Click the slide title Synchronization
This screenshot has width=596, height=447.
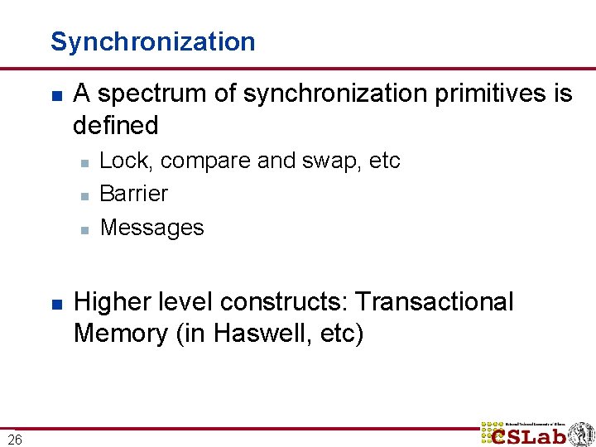pyautogui.click(x=153, y=41)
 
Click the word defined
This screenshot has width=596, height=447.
pyautogui.click(x=115, y=126)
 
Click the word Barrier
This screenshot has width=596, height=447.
pyautogui.click(x=133, y=194)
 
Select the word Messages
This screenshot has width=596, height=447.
pyautogui.click(x=151, y=228)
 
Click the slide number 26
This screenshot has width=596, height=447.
pyautogui.click(x=16, y=439)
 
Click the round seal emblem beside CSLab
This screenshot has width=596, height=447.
pyautogui.click(x=580, y=433)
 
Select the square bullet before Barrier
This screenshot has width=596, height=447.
pyautogui.click(x=84, y=195)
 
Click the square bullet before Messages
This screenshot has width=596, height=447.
pyautogui.click(x=84, y=228)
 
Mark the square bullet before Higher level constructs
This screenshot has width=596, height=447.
pyautogui.click(x=55, y=304)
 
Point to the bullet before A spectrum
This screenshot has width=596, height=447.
pyautogui.click(x=55, y=96)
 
